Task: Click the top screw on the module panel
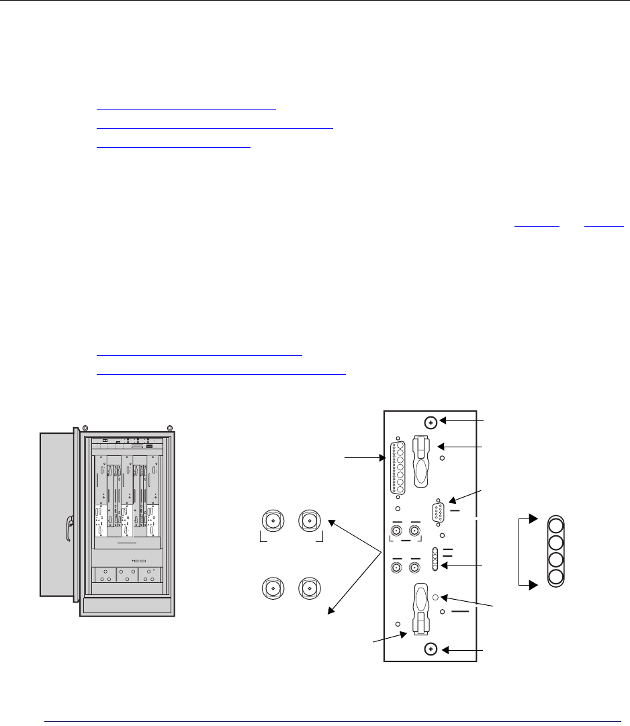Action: pos(431,423)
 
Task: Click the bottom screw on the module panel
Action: pos(431,649)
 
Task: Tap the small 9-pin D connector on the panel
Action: pos(439,514)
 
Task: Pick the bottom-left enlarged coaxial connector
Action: pos(273,588)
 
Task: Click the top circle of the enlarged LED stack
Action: pos(555,525)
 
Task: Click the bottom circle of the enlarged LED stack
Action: pos(555,576)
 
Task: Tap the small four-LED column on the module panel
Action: pos(436,559)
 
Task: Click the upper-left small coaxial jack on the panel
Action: pos(396,534)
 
